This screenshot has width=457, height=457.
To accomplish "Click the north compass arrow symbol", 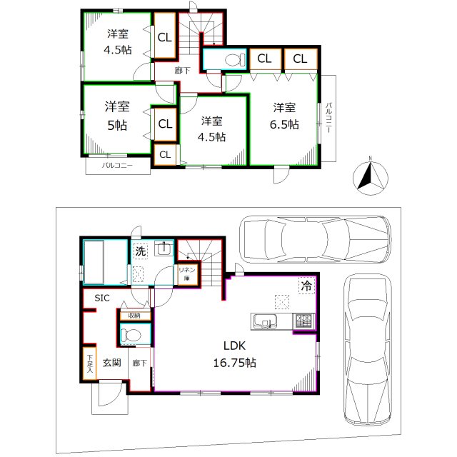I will (371, 177).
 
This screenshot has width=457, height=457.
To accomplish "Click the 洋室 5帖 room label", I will (116, 116).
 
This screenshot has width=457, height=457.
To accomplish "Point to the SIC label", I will (93, 298).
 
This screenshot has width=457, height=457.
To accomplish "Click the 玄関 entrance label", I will (111, 363).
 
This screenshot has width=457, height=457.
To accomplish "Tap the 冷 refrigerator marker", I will (306, 283).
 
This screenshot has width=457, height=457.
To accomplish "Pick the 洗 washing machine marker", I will (141, 251).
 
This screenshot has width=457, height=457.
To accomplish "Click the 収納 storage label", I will (134, 315).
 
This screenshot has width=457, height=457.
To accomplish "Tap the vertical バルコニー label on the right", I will (328, 118).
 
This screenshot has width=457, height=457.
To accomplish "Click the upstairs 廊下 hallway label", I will (183, 71).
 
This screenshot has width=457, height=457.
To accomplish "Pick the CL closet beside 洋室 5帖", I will (164, 124).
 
